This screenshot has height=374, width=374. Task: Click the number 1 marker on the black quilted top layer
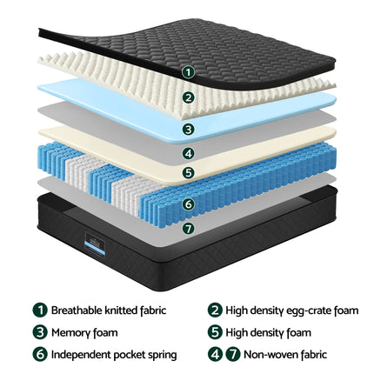click(x=190, y=73)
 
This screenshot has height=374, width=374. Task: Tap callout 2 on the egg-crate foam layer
click(x=190, y=98)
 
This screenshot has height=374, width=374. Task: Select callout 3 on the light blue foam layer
click(x=190, y=129)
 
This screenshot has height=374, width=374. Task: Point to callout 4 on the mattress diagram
click(x=190, y=153)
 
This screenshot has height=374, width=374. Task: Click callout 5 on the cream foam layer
click(x=190, y=172)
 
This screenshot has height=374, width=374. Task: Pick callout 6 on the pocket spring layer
click(x=190, y=205)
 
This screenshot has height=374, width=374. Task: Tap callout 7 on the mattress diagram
click(x=190, y=228)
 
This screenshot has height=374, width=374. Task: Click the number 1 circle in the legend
click(x=40, y=310)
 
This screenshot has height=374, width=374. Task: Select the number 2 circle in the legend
click(x=215, y=310)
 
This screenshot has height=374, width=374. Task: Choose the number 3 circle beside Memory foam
click(x=40, y=331)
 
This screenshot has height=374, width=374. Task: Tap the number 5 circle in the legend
click(x=215, y=331)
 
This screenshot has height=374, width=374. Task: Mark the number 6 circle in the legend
click(x=40, y=354)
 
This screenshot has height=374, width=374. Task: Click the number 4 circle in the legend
click(x=215, y=354)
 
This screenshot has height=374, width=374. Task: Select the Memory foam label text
click(x=84, y=331)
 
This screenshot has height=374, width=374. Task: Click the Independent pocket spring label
click(x=114, y=354)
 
